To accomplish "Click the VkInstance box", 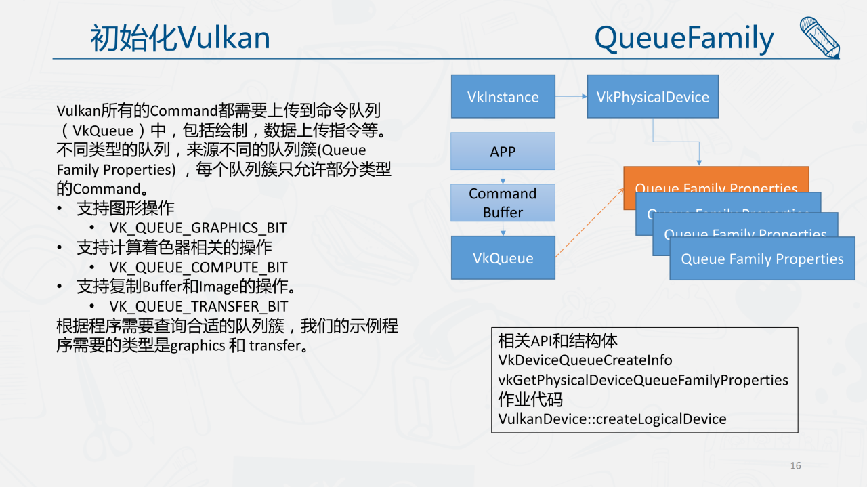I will tap(503, 96).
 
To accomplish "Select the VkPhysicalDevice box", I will tap(652, 96).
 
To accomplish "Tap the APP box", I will tap(503, 151).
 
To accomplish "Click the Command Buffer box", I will tap(503, 203).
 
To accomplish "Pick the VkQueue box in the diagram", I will tap(503, 258).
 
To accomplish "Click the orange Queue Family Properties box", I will tap(715, 179).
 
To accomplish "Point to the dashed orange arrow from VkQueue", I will tap(589, 223).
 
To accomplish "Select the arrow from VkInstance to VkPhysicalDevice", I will tap(571, 96).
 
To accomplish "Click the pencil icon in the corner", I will tap(819, 37).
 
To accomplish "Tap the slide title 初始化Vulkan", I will tap(180, 38).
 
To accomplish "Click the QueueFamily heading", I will tap(684, 38).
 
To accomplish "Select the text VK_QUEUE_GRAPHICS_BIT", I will tap(198, 228).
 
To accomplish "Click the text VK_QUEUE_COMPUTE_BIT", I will tap(198, 268).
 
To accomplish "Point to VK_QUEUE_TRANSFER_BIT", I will tap(198, 306).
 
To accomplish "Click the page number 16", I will tap(795, 465).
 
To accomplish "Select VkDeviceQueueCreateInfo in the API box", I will tap(585, 360).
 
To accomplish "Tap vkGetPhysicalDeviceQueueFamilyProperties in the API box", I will tap(643, 380).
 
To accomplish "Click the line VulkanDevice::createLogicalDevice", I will tap(612, 419).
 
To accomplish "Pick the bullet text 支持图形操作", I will tap(125, 209).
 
